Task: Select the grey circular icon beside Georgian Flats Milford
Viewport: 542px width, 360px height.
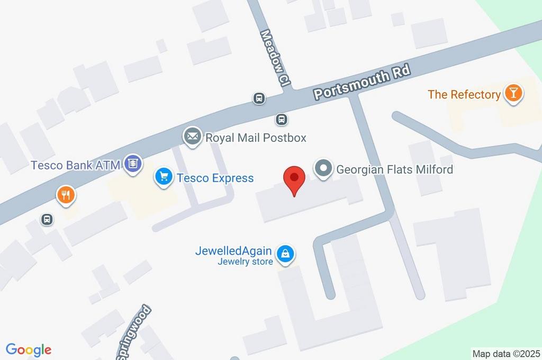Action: pyautogui.click(x=322, y=169)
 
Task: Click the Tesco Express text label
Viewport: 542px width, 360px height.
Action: pyautogui.click(x=215, y=178)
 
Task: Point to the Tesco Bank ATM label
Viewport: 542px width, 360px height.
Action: pyautogui.click(x=75, y=165)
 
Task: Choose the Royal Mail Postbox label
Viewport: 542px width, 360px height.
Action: pyautogui.click(x=256, y=138)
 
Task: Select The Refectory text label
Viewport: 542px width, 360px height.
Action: pyautogui.click(x=464, y=95)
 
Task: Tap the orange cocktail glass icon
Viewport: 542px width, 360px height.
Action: pyautogui.click(x=513, y=94)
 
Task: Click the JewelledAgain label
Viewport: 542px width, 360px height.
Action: pyautogui.click(x=233, y=251)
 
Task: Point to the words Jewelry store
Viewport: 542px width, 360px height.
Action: pyautogui.click(x=245, y=262)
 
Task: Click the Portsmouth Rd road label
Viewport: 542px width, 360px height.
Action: pyautogui.click(x=362, y=84)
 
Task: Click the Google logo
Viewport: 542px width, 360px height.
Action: pyautogui.click(x=29, y=350)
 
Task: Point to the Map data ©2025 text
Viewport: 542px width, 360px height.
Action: pyautogui.click(x=506, y=354)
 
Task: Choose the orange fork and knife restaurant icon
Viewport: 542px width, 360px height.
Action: pyautogui.click(x=66, y=195)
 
